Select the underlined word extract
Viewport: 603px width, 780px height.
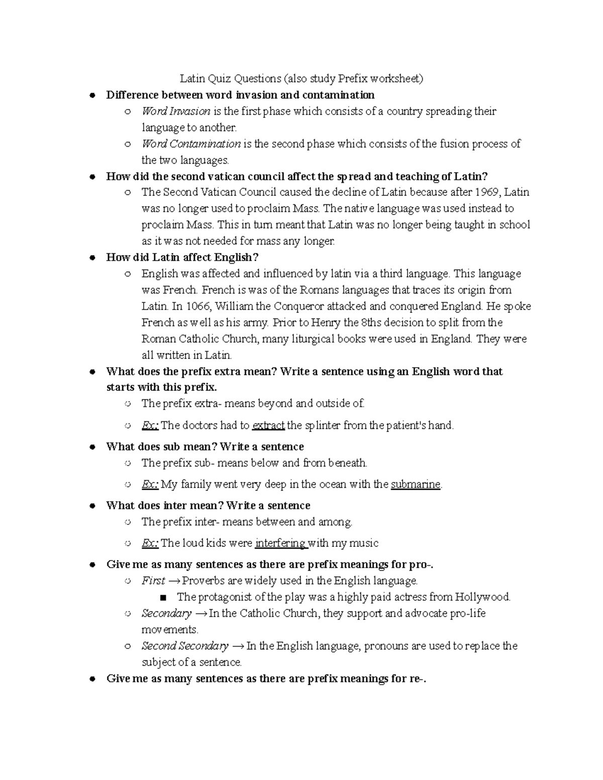(x=268, y=425)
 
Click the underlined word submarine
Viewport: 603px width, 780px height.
(x=416, y=485)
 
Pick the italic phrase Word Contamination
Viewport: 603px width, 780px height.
(x=191, y=144)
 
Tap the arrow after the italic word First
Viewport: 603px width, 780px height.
(x=174, y=581)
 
